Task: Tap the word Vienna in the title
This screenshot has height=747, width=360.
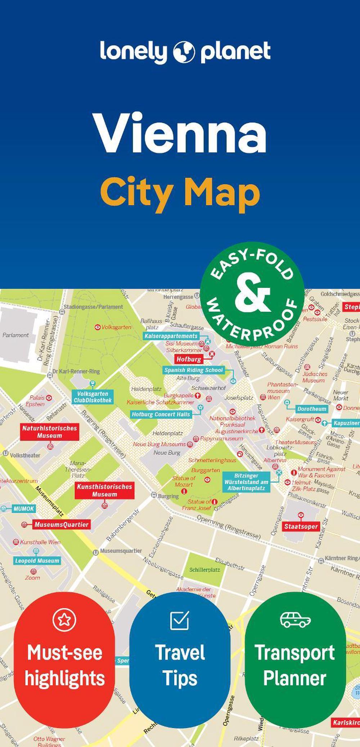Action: [x=180, y=134]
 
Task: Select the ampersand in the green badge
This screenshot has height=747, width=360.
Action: [x=252, y=294]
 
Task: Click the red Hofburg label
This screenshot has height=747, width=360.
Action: [x=189, y=359]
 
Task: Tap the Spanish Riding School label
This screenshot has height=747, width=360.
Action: [x=193, y=370]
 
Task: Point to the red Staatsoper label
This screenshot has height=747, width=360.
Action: [x=301, y=527]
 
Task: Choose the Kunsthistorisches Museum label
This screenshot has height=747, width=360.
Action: [x=104, y=490]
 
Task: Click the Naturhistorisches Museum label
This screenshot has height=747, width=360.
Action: [x=49, y=432]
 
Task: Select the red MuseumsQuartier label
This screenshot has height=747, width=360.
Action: [x=61, y=525]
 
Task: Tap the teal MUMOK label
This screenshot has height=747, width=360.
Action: [x=24, y=509]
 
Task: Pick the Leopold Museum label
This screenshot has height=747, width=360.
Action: [x=37, y=561]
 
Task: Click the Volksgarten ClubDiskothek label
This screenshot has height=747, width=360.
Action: [x=93, y=397]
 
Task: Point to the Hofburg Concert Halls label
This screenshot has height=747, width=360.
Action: [x=161, y=414]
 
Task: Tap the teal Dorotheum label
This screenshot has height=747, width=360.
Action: [x=311, y=409]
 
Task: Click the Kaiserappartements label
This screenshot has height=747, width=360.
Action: [x=171, y=336]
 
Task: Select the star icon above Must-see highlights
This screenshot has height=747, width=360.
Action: [x=64, y=620]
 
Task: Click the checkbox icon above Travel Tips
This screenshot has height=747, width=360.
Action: [x=179, y=620]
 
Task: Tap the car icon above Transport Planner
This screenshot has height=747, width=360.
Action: [x=295, y=619]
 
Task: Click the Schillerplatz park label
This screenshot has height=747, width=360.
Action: [x=204, y=570]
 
